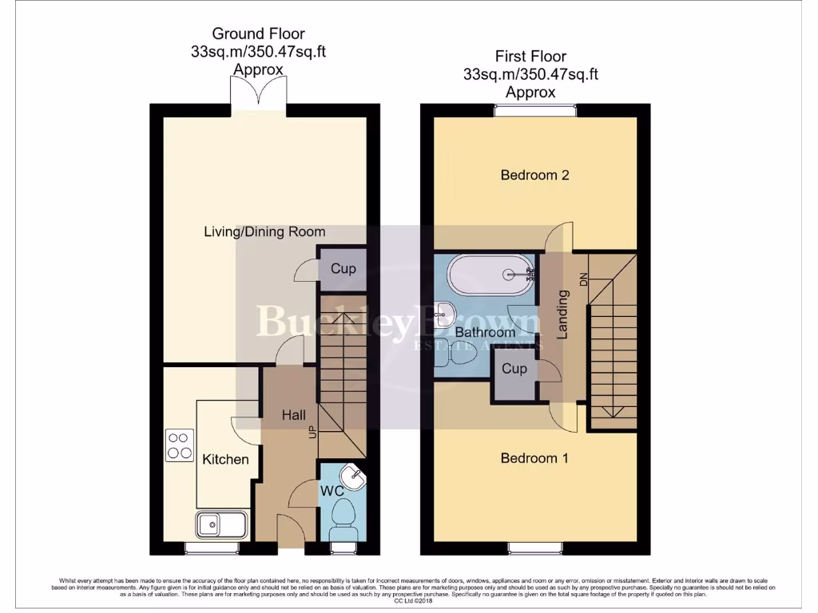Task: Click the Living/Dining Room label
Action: [264, 232]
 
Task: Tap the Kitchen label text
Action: [225, 459]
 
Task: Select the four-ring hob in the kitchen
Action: [180, 445]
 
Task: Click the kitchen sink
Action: [221, 524]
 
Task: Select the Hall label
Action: [294, 415]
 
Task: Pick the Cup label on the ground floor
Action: [343, 269]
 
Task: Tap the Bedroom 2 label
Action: [534, 175]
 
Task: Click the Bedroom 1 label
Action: [534, 458]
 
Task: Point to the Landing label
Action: [562, 314]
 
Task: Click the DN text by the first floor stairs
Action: [583, 280]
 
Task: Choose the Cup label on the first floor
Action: [514, 369]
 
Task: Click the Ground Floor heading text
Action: [257, 34]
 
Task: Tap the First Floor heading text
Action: [530, 57]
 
